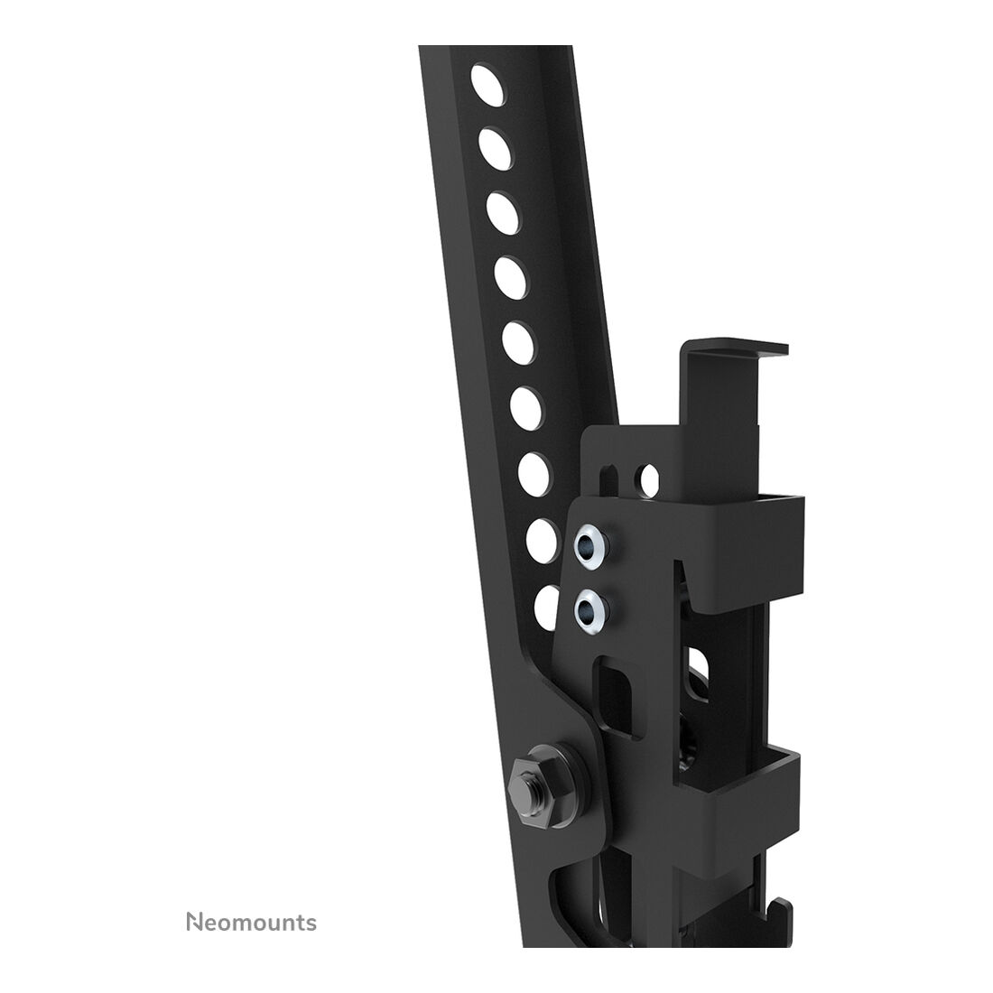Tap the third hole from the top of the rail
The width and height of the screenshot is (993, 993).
(504, 213)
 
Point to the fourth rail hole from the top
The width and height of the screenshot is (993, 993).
(511, 279)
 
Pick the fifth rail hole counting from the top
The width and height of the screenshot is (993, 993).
(519, 343)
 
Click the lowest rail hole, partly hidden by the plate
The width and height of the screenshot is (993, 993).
(545, 606)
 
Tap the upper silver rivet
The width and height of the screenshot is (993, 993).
(589, 543)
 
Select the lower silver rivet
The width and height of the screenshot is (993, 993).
(591, 610)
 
